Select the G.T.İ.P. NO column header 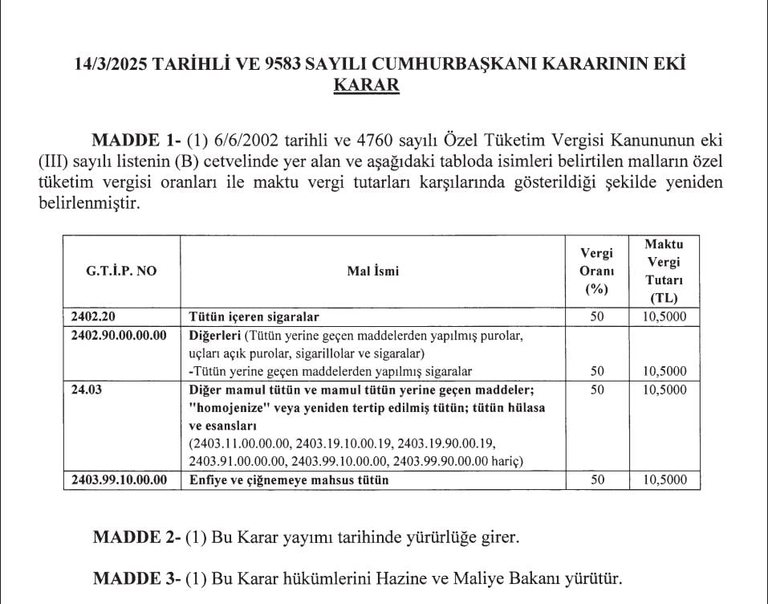click(122, 271)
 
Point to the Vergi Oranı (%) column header click(596, 271)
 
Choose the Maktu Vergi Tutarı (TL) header click(664, 271)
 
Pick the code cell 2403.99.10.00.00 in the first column click(119, 480)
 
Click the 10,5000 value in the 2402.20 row click(665, 316)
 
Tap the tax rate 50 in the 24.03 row click(596, 390)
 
